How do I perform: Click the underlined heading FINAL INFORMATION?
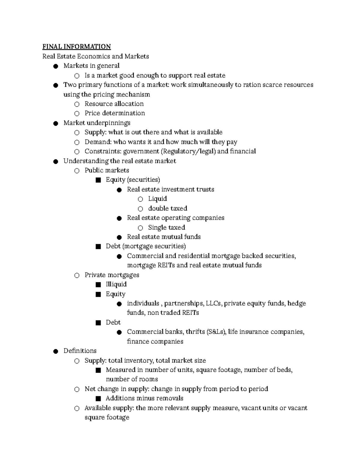76,47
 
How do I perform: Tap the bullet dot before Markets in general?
55,66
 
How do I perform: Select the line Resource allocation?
114,104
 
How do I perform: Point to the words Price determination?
115,113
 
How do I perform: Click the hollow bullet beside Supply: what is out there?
77,133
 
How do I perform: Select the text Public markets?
107,170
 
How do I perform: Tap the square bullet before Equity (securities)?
98,180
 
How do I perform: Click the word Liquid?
157,199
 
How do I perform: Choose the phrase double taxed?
167,208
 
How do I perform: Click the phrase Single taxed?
166,227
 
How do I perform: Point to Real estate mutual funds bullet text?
164,237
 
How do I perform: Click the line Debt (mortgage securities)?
146,246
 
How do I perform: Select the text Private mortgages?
112,275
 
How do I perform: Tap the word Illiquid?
116,284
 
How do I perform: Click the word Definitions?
80,351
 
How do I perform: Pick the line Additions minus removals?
144,398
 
